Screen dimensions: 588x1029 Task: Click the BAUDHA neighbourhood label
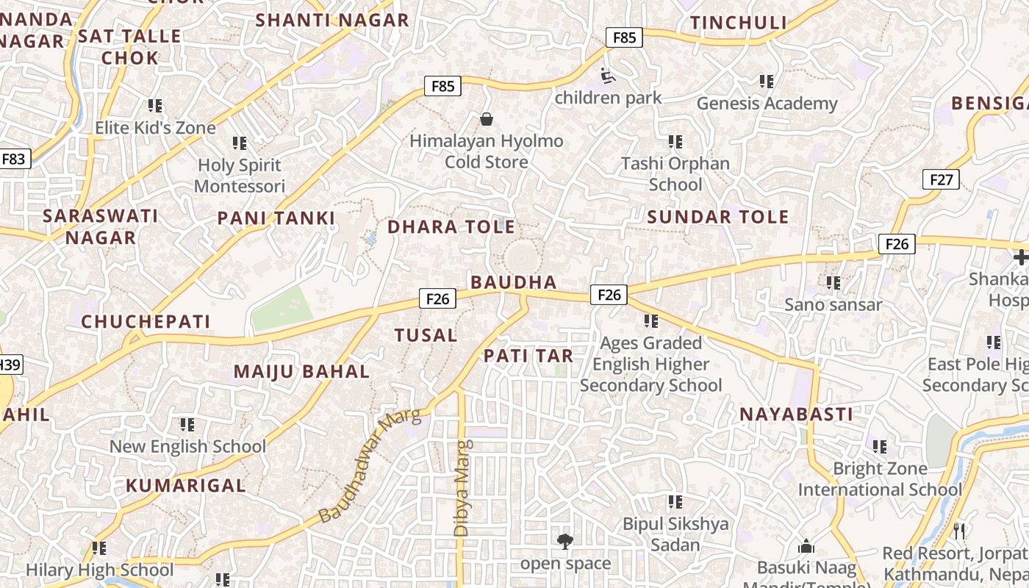tap(513, 282)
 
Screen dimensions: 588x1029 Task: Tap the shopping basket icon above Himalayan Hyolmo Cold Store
tap(486, 118)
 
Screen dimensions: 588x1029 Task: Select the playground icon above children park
tap(608, 75)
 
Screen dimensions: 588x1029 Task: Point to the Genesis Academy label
tap(767, 104)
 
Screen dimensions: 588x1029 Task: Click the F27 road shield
tap(941, 179)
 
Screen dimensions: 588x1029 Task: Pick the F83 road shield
tap(14, 159)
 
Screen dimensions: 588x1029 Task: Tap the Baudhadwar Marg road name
tap(370, 466)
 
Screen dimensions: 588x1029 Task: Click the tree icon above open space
tap(564, 542)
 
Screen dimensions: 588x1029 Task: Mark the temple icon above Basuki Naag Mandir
tap(806, 547)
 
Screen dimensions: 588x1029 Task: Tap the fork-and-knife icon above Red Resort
tap(958, 531)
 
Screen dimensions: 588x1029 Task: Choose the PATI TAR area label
tap(528, 356)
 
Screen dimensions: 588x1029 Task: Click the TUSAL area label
tap(426, 336)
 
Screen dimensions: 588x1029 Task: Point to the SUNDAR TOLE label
tap(717, 217)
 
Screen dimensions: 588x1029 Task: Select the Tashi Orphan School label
tap(675, 173)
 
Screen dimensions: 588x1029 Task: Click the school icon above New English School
tap(187, 425)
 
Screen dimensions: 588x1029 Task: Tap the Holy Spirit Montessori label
tap(240, 176)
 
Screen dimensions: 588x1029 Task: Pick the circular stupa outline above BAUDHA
tap(521, 257)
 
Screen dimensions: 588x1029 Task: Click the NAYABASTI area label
tap(796, 415)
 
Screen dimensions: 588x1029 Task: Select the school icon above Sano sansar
tap(833, 282)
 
